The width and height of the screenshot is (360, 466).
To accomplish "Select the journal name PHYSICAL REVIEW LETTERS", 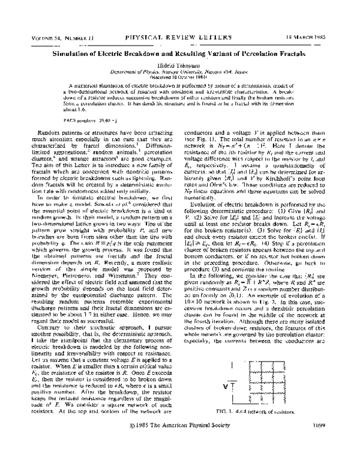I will (179, 38).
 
